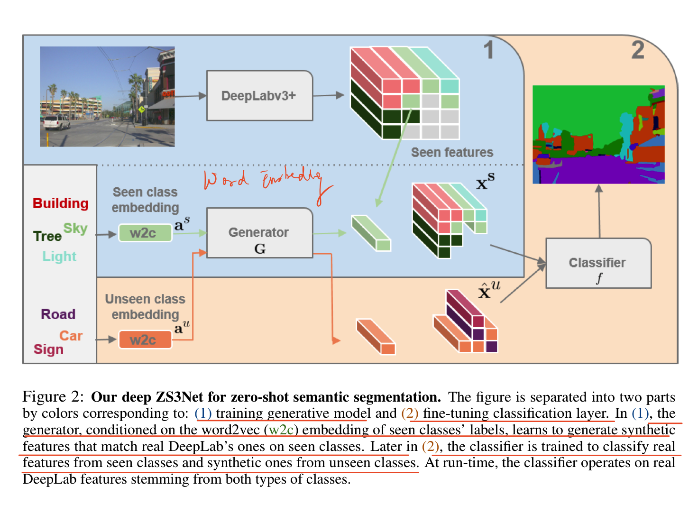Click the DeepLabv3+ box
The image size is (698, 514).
tap(259, 96)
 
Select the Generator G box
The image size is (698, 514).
tap(259, 233)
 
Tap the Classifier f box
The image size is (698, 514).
tap(598, 263)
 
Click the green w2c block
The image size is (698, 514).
tap(145, 233)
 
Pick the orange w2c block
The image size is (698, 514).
tap(145, 340)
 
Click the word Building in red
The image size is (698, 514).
tap(60, 203)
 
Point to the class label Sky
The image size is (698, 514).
tap(75, 228)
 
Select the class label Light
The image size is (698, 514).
tap(59, 256)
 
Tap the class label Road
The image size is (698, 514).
tap(58, 314)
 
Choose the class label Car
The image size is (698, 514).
tap(71, 336)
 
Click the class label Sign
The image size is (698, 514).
tap(48, 349)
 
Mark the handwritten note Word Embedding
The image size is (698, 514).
tap(266, 183)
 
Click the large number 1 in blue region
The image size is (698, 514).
tap(488, 50)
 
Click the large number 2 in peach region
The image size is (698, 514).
tap(638, 50)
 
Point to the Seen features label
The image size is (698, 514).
tap(452, 152)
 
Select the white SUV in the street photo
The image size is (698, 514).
tap(56, 122)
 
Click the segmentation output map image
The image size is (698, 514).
tap(598, 134)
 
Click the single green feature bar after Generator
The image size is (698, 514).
tap(371, 233)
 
